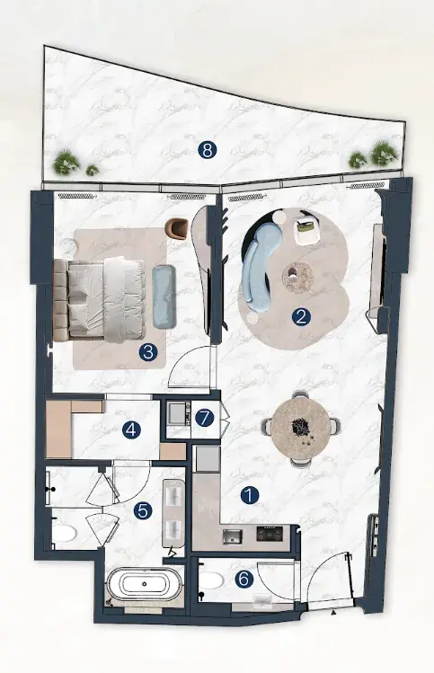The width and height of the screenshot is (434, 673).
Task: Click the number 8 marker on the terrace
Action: click(x=208, y=150)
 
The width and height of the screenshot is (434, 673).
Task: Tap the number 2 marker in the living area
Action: click(x=301, y=317)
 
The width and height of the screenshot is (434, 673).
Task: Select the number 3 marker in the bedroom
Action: click(x=148, y=352)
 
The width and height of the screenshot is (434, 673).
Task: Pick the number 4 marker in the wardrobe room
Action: click(x=131, y=429)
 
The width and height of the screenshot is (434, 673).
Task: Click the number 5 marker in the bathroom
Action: click(x=143, y=510)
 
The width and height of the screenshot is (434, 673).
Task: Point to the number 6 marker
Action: click(x=244, y=580)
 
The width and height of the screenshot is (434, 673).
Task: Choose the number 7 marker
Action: click(x=204, y=418)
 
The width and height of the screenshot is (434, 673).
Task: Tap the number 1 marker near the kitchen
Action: click(x=250, y=496)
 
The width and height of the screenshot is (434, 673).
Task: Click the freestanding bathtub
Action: click(x=145, y=584)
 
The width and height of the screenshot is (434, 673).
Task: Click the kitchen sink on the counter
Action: click(x=233, y=536)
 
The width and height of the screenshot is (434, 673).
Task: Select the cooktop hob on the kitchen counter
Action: click(x=270, y=534)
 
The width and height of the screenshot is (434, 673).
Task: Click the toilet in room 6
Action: click(x=210, y=581)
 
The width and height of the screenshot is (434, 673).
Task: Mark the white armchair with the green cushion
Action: click(x=306, y=231)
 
